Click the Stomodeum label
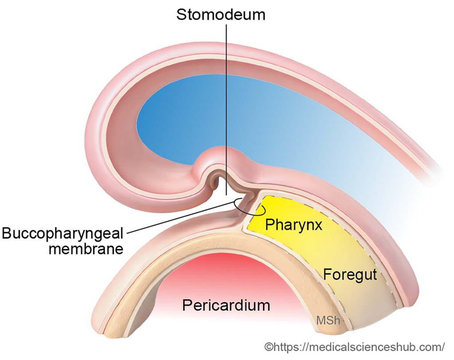click(x=221, y=14)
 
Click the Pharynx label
click(x=293, y=225)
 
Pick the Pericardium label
click(x=226, y=305)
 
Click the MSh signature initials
click(x=328, y=320)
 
